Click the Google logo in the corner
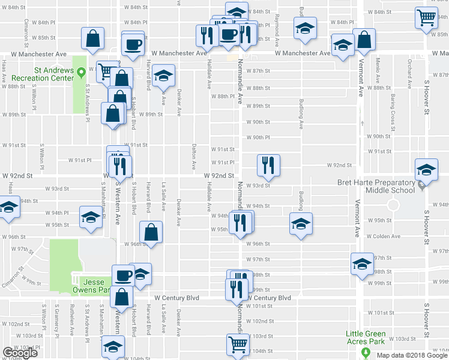20,353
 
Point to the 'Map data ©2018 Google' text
411,355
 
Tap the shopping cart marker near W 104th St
238,344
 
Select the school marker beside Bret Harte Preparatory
426,170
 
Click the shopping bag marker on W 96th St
151,231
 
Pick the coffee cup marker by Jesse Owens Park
123,275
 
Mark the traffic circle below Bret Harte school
393,206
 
